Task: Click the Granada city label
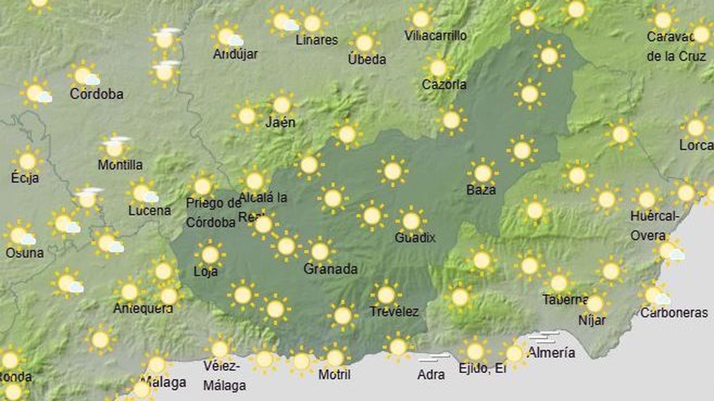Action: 330,269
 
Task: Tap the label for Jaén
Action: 280,122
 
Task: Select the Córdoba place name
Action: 96,94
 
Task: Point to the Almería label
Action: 551,353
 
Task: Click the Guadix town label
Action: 415,238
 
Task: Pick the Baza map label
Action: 481,190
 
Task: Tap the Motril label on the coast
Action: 334,375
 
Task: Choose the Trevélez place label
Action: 394,312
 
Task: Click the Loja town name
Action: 206,271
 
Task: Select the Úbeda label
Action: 367,59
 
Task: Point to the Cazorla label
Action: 444,84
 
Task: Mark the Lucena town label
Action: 149,211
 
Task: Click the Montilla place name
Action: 120,165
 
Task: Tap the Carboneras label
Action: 674,313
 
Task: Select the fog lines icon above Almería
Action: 544,337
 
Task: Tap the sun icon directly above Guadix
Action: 411,221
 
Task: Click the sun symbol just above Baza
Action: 482,173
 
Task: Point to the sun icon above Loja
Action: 210,255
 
